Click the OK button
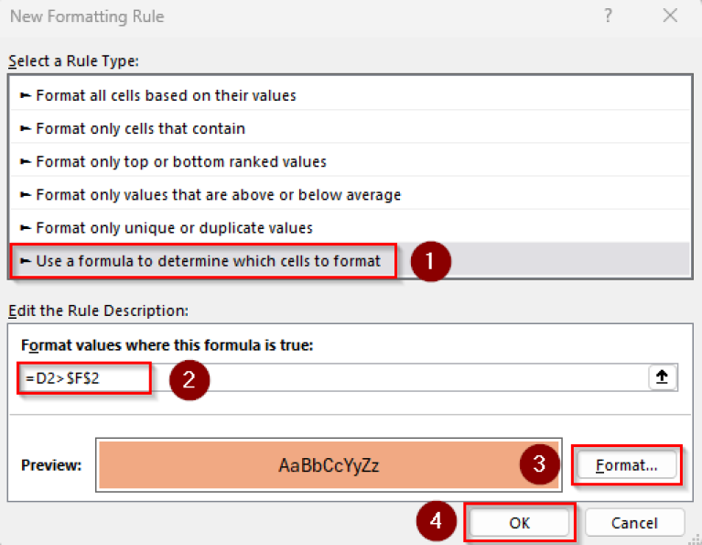pyautogui.click(x=520, y=522)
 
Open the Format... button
pyautogui.click(x=627, y=465)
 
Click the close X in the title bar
pyautogui.click(x=671, y=16)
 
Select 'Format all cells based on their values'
pyautogui.click(x=166, y=95)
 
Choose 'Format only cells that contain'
pyautogui.click(x=140, y=128)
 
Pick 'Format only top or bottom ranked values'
pyautogui.click(x=180, y=161)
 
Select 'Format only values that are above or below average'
pyautogui.click(x=218, y=194)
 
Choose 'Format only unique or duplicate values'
pyautogui.click(x=174, y=227)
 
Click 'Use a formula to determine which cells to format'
pyautogui.click(x=208, y=261)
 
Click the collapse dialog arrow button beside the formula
pyautogui.click(x=663, y=377)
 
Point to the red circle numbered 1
pyautogui.click(x=430, y=261)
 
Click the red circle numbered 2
pyautogui.click(x=189, y=379)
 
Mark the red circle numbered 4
pyautogui.click(x=437, y=522)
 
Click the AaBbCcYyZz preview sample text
pyautogui.click(x=329, y=465)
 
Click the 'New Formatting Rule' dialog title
pyautogui.click(x=87, y=16)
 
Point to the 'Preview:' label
pyautogui.click(x=51, y=465)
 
